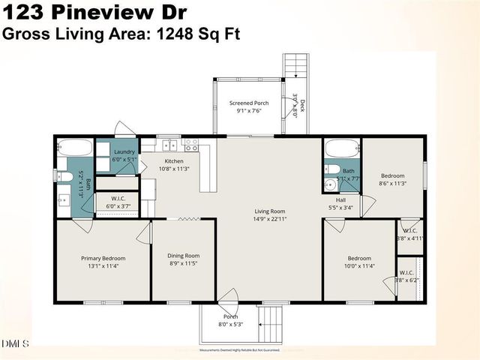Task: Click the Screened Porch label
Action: tap(249, 103)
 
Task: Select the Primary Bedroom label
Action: tap(103, 258)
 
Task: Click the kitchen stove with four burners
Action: tap(191, 145)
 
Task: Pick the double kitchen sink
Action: tap(172, 145)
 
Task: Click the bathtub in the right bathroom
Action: tap(343, 147)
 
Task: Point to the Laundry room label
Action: tap(124, 151)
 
